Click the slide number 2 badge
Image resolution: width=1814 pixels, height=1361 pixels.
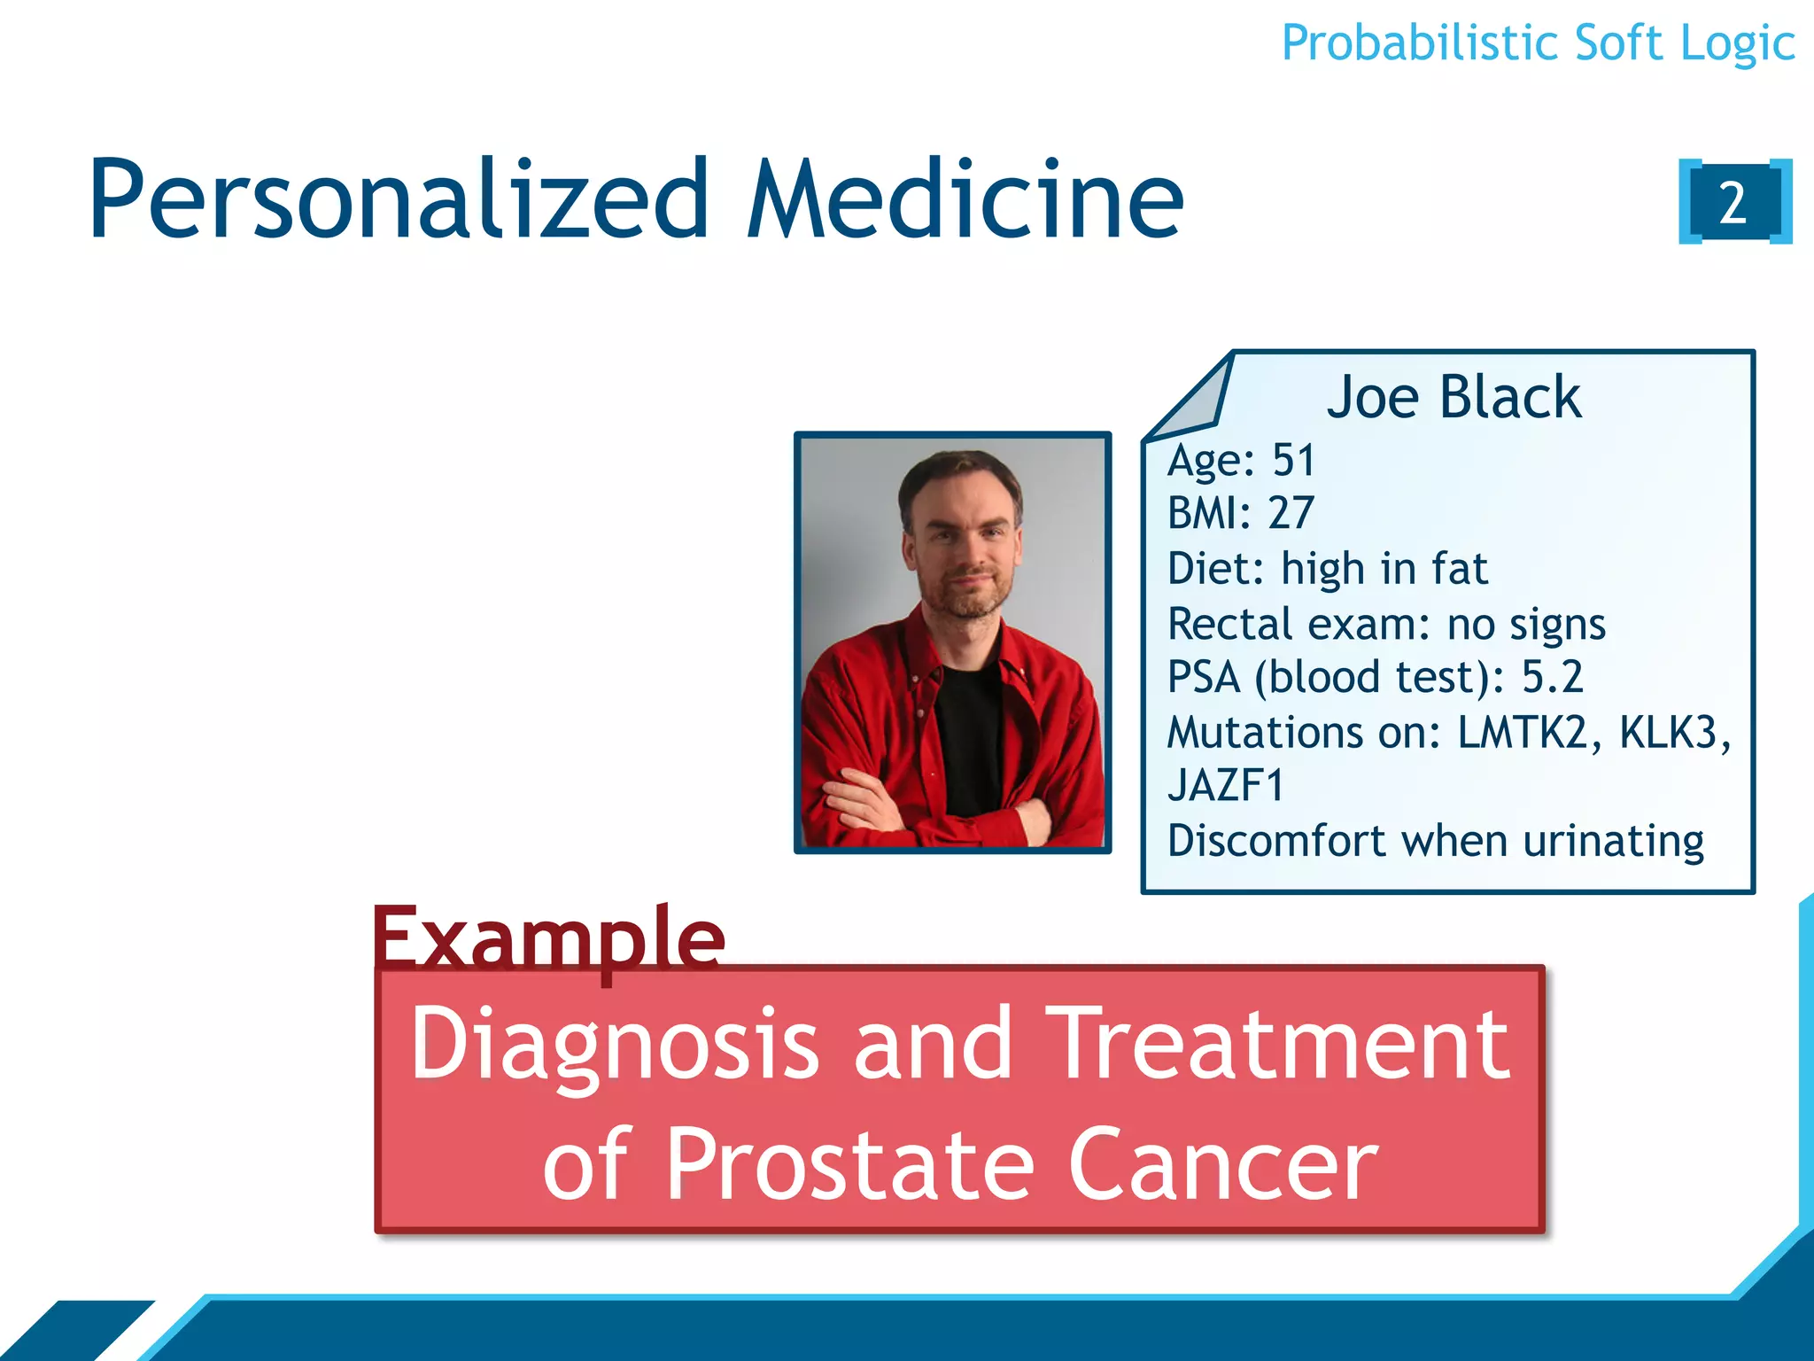[x=1734, y=202]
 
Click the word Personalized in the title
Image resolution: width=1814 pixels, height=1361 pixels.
[x=399, y=200]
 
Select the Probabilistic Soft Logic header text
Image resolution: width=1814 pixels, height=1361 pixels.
[x=1538, y=43]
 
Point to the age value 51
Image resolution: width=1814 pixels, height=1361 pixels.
[x=1293, y=460]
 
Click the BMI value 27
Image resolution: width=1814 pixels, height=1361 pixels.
[x=1291, y=513]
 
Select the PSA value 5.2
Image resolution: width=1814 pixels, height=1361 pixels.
[x=1552, y=677]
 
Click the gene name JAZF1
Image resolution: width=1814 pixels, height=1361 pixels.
[x=1226, y=786]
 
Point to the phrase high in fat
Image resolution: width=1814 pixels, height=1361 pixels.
[x=1384, y=569]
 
